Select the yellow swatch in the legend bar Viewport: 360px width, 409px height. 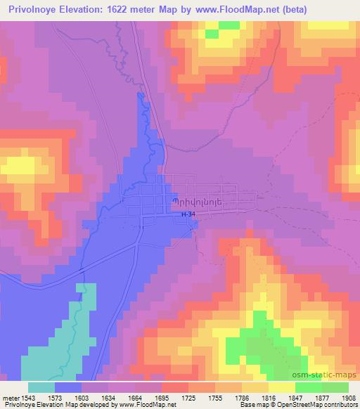click(x=281, y=387)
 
